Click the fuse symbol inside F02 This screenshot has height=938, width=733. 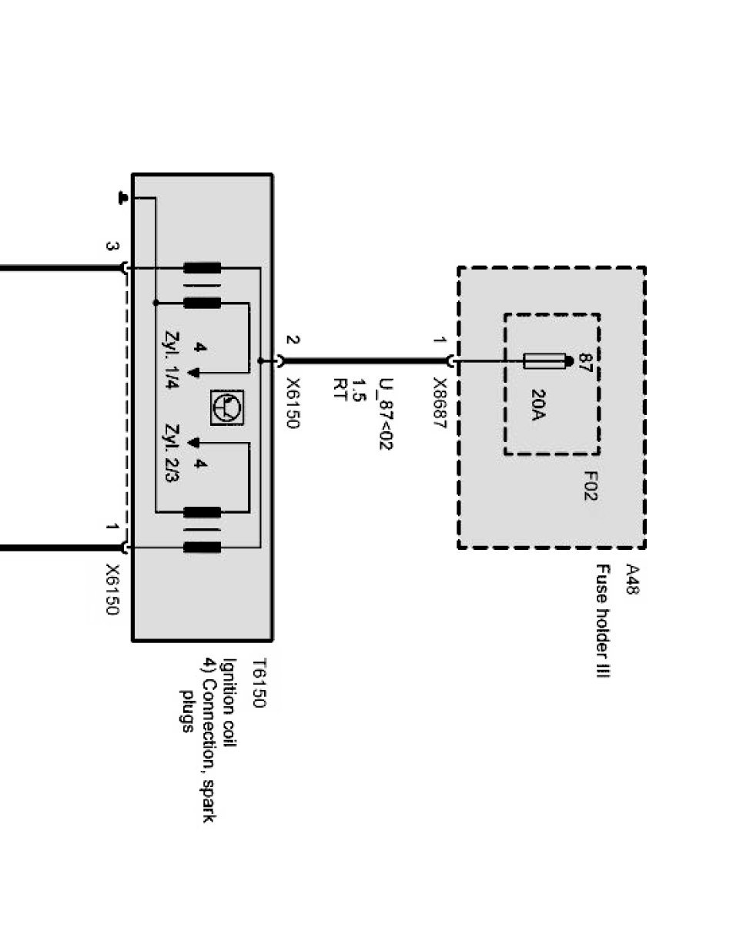pos(544,360)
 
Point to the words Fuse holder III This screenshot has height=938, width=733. pos(602,622)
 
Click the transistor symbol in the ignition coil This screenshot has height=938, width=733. pos(226,405)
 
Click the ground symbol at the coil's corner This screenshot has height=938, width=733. pos(122,198)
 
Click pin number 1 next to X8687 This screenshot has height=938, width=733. pos(438,340)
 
